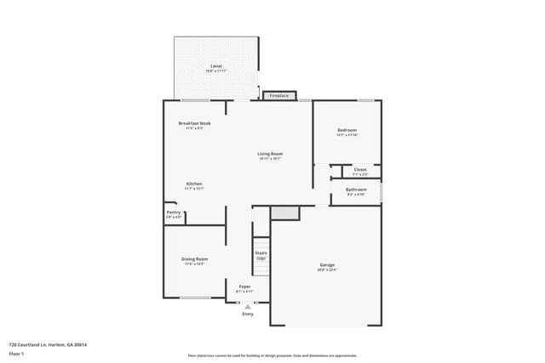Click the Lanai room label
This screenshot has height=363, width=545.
pos(217,65)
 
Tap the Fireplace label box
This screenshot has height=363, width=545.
pos(279,96)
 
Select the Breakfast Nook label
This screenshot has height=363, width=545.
pos(194,123)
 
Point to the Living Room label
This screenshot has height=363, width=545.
pos(270,154)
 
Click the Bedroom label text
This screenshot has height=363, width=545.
pos(347,129)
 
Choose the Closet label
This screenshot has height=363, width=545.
pos(360,170)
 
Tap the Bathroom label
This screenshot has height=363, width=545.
pos(356,190)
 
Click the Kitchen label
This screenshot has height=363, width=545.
pos(195,184)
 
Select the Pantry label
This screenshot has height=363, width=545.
pos(173,213)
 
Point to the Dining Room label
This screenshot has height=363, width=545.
pos(195,258)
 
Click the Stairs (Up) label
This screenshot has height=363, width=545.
pos(261,255)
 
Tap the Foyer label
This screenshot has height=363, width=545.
pos(244,286)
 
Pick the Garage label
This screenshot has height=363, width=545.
pos(327,265)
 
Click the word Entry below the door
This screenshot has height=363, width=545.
pos(248,314)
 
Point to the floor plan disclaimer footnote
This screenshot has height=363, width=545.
pos(272,355)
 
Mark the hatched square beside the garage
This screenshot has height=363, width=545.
pos(284,213)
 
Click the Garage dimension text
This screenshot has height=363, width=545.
pos(327,270)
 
